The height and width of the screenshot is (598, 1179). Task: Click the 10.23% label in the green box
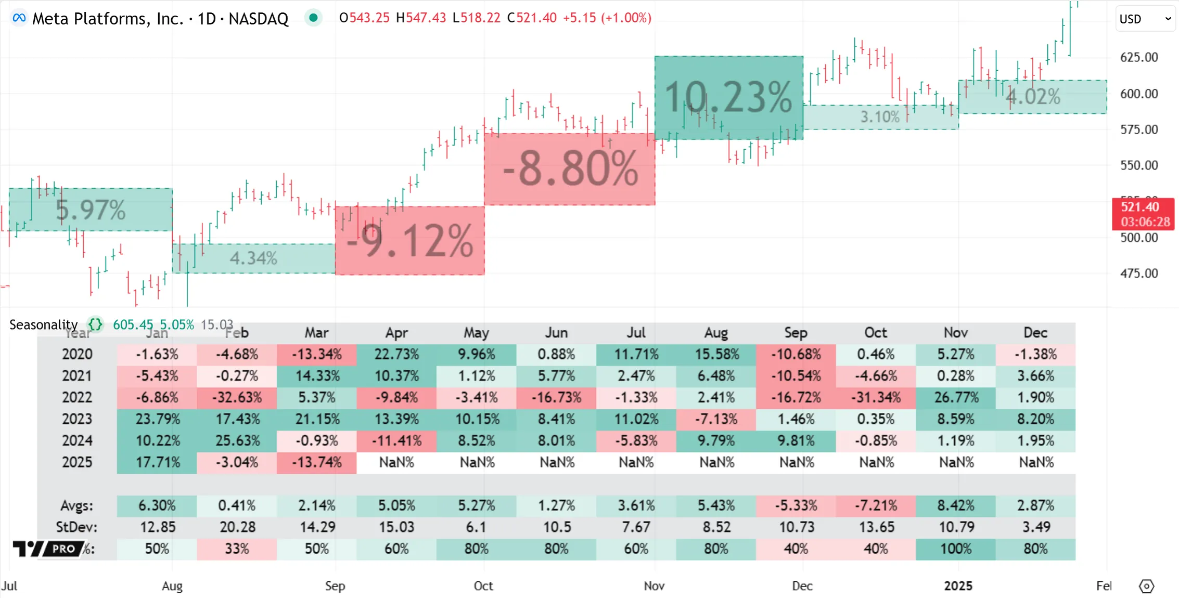728,97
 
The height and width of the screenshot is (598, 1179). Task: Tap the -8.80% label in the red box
570,168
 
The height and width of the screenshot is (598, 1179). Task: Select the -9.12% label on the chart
410,241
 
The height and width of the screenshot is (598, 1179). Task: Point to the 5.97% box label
91,210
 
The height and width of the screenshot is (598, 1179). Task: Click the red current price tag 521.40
1143,214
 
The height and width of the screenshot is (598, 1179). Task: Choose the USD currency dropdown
1145,19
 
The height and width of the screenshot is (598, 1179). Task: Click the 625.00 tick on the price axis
1139,57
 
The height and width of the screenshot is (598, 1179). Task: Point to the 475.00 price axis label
1139,274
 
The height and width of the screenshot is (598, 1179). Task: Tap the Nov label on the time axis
654,586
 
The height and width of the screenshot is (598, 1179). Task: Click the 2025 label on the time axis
958,586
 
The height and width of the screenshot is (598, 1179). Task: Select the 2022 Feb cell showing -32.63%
237,398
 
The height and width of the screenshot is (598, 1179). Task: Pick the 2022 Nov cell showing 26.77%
956,398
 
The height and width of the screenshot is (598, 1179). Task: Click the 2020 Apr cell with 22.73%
396,355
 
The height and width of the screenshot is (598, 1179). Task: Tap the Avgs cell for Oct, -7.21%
876,505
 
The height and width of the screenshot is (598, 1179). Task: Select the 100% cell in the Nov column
956,549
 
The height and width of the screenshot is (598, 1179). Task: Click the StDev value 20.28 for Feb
237,527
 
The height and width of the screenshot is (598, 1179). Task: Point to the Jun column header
556,333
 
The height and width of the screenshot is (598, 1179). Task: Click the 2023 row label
77,419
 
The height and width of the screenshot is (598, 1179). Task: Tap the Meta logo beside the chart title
19,18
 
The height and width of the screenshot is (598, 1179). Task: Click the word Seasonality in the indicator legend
43,325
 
